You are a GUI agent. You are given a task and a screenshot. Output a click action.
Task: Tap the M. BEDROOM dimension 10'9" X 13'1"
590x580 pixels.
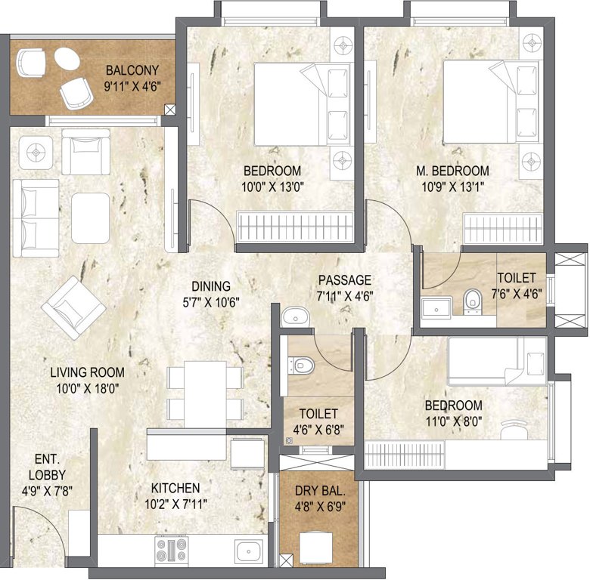pyautogui.click(x=452, y=186)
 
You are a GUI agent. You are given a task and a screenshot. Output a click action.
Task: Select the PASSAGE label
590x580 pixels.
pyautogui.click(x=346, y=279)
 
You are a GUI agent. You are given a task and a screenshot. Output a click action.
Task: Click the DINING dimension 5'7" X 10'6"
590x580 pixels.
pyautogui.click(x=210, y=301)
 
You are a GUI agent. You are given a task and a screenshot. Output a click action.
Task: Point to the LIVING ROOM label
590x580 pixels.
pyautogui.click(x=87, y=372)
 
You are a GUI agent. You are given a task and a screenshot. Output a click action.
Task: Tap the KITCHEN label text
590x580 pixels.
pyautogui.click(x=174, y=488)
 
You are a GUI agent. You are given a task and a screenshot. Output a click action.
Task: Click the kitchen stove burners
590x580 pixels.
pyautogui.click(x=171, y=551)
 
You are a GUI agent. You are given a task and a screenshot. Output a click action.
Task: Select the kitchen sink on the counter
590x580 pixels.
pyautogui.click(x=247, y=551)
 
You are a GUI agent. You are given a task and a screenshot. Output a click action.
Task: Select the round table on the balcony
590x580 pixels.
pyautogui.click(x=65, y=60)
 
